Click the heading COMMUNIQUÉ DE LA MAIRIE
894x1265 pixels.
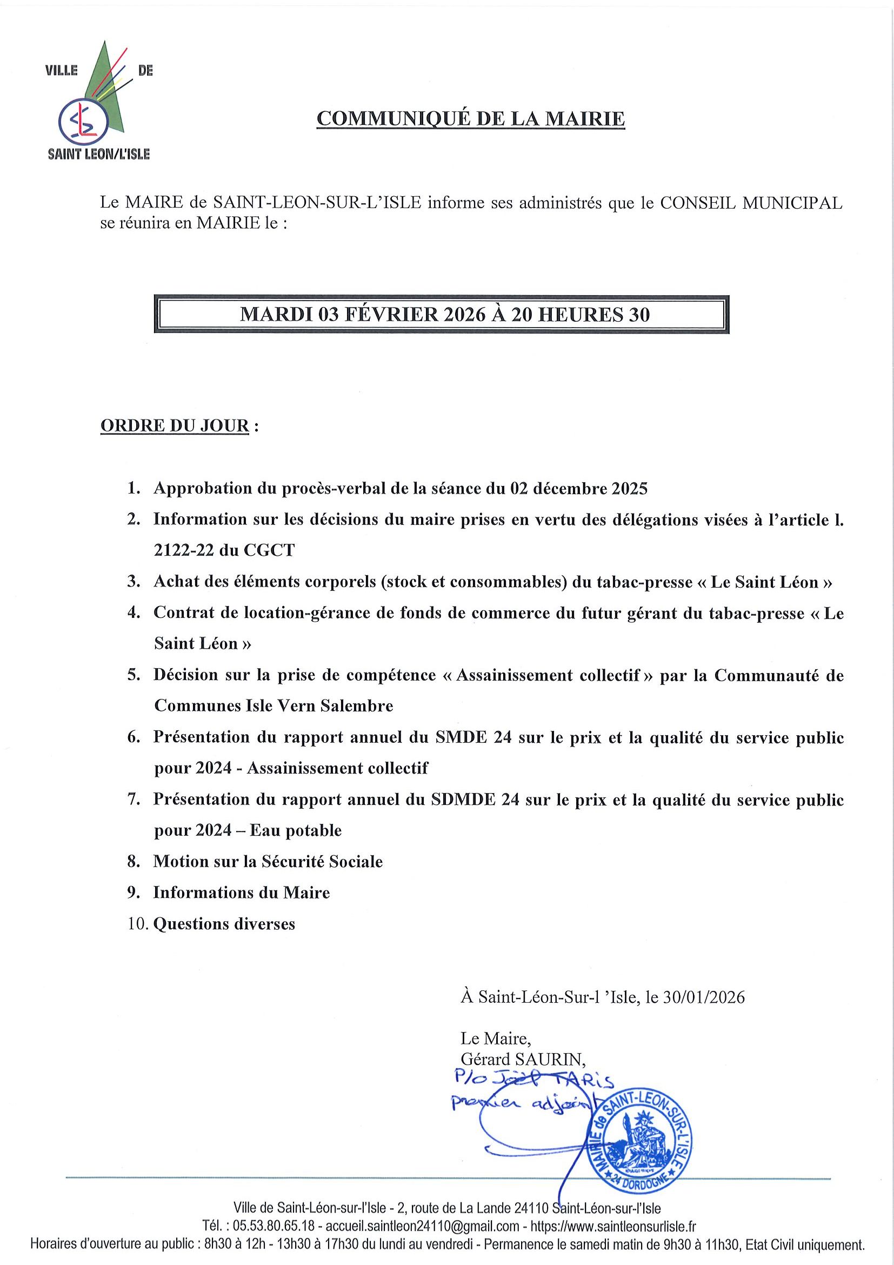click(470, 119)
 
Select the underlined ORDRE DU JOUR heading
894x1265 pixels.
click(175, 427)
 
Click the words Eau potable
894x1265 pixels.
click(296, 831)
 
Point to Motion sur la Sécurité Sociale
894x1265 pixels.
click(268, 862)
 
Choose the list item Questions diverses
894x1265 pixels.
click(224, 924)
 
